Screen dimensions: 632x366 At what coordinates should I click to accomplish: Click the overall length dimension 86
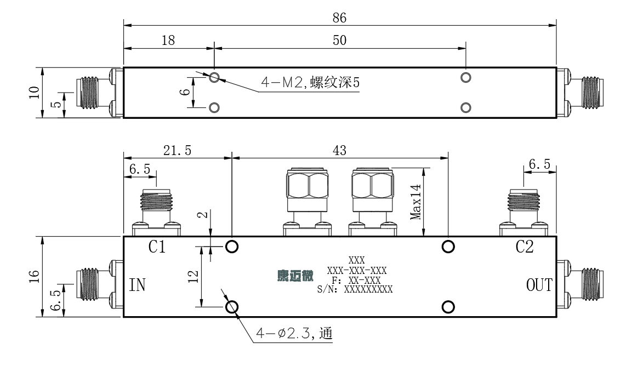point(339,18)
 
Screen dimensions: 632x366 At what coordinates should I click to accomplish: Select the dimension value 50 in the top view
point(339,41)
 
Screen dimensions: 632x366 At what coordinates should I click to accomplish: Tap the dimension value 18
point(168,41)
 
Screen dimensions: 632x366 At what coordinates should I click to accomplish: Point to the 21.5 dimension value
point(178,150)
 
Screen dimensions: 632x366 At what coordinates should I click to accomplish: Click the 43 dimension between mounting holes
point(339,150)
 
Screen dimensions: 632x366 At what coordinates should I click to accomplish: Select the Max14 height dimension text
point(415,202)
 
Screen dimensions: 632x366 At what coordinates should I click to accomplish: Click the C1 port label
point(157,247)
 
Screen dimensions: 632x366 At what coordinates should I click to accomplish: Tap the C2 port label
point(525,247)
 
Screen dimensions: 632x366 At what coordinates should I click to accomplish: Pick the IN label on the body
point(137,285)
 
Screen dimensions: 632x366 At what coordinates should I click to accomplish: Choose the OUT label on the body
point(539,285)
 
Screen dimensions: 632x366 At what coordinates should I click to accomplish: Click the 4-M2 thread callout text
point(310,83)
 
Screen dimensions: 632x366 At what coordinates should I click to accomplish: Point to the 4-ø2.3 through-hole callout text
point(294,333)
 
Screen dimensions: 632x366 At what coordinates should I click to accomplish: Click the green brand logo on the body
point(295,276)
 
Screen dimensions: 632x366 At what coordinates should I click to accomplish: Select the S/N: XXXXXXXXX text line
point(355,289)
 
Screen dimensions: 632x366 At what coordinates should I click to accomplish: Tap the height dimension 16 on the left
point(34,276)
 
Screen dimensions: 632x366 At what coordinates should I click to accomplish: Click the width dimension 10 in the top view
point(34,92)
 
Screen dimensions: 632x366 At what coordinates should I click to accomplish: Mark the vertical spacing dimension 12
point(193,277)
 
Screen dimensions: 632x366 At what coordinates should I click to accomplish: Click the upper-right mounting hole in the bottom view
point(448,247)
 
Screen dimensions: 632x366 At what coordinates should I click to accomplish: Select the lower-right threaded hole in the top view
point(465,107)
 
